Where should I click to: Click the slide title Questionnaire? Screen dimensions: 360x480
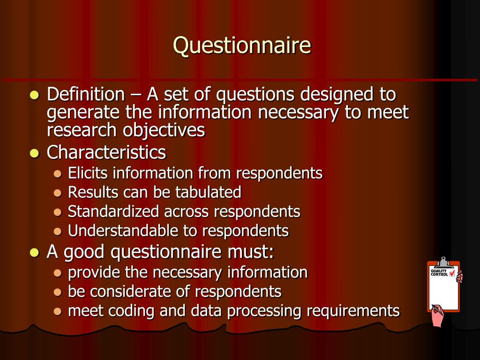[242, 46]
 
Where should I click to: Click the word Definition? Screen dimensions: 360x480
[85, 95]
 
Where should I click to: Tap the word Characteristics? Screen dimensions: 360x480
[106, 152]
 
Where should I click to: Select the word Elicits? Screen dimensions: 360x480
[88, 173]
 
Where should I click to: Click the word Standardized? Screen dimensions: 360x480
[113, 211]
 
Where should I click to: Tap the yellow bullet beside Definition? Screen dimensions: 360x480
[34, 95]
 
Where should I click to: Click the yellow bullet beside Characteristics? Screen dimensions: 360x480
[34, 153]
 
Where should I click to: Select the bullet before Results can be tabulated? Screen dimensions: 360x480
[58, 193]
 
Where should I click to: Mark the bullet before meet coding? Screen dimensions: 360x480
[58, 311]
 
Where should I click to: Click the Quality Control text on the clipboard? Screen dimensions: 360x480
[439, 273]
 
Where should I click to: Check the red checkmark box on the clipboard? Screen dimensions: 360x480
[452, 273]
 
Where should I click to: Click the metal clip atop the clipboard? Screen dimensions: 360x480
[443, 262]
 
